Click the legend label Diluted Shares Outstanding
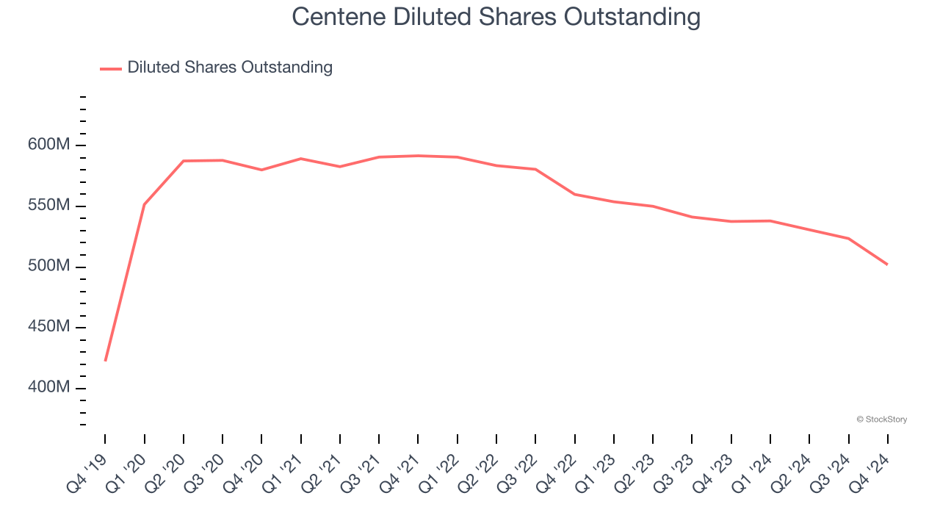(230, 68)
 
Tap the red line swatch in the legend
(111, 68)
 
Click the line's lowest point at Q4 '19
(105, 361)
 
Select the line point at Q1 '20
(144, 204)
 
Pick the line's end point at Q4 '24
(888, 264)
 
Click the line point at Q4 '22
(575, 194)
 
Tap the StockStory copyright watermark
(881, 420)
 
